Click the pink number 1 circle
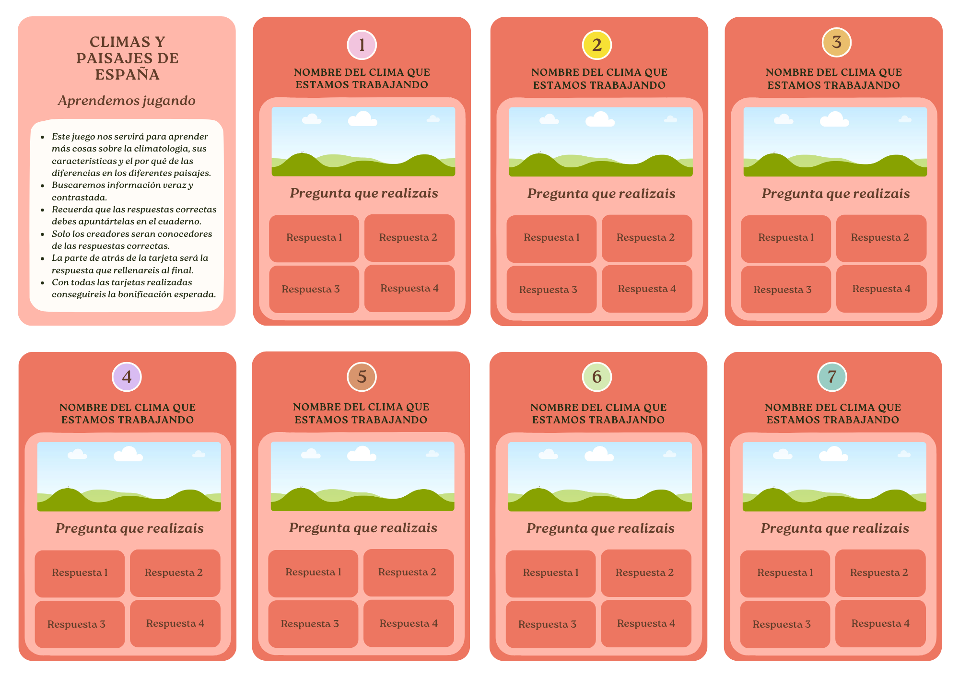(x=362, y=45)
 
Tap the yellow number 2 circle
(x=596, y=45)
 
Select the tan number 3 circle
(x=836, y=42)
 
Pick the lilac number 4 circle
(x=127, y=377)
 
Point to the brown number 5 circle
(x=362, y=377)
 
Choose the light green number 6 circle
(x=596, y=377)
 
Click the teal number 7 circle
(x=832, y=377)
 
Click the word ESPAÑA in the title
(x=127, y=74)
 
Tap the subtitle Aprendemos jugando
(x=127, y=101)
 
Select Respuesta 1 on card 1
(x=314, y=238)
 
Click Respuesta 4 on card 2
(x=647, y=289)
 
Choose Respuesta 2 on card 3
(x=880, y=238)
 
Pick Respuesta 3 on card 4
(x=76, y=624)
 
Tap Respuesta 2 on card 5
(x=407, y=572)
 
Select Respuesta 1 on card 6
(x=550, y=573)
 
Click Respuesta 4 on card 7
(x=880, y=623)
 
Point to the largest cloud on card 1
(x=363, y=119)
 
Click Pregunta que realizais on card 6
(x=600, y=528)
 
